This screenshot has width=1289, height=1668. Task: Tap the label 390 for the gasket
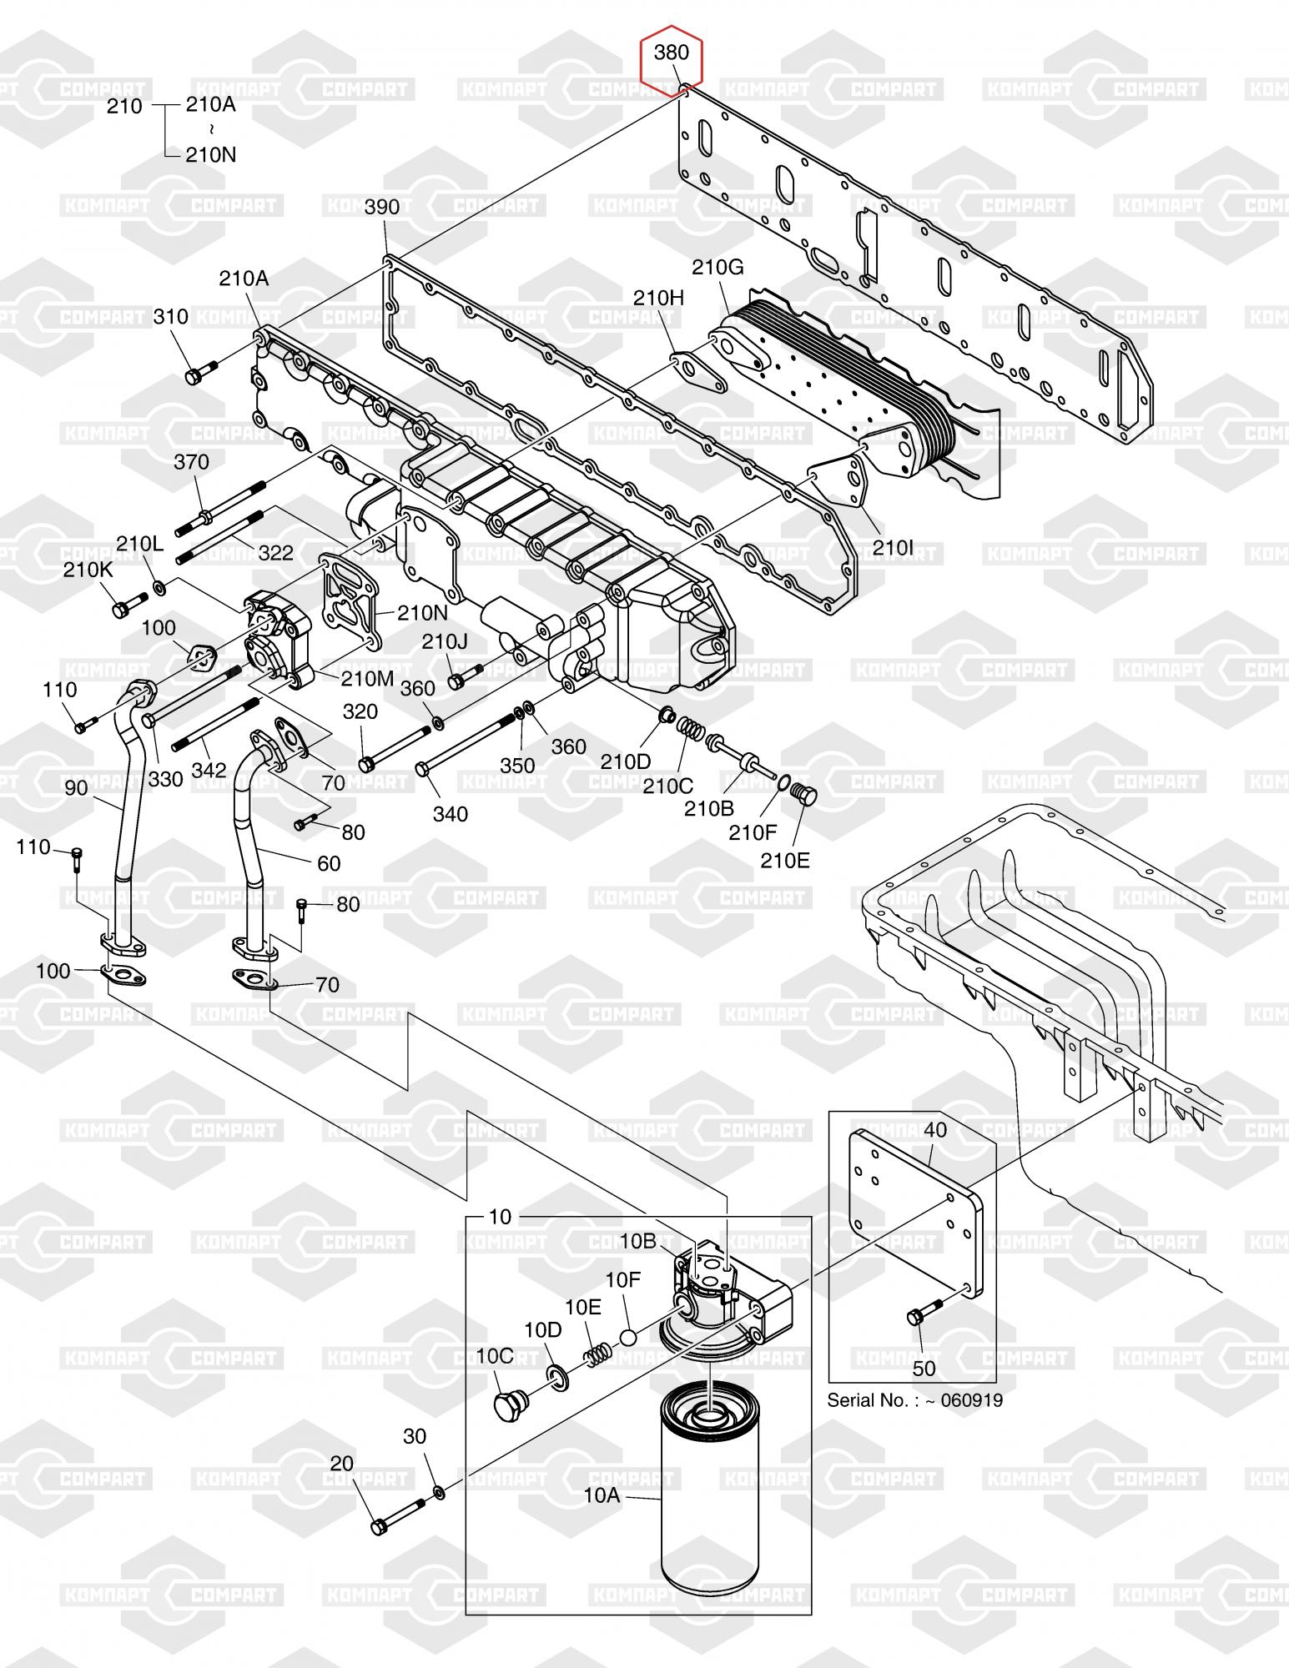[382, 207]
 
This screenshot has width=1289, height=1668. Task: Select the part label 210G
[717, 267]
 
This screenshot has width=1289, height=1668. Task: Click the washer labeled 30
[439, 1490]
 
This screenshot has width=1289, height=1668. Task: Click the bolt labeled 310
[202, 371]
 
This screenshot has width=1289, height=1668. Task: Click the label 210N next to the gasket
[423, 612]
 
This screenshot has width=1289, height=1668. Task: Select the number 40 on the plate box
[935, 1130]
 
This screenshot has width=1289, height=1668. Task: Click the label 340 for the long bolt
[451, 813]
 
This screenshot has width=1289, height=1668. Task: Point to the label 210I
[894, 548]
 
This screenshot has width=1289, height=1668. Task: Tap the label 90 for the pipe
[76, 787]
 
